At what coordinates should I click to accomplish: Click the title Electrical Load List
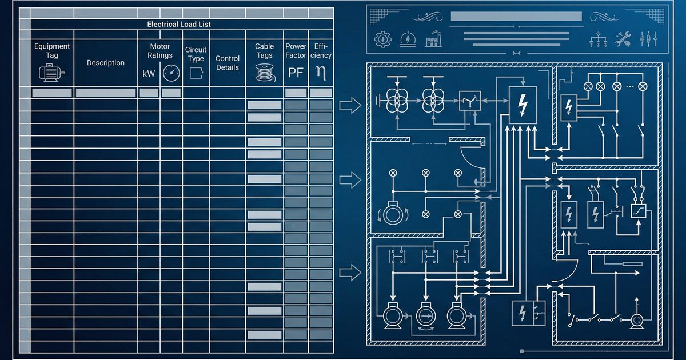click(179, 24)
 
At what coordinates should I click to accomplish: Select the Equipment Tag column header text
click(52, 50)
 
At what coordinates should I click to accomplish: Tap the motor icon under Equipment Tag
click(52, 73)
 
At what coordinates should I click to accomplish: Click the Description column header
click(106, 63)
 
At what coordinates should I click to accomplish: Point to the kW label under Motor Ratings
click(149, 74)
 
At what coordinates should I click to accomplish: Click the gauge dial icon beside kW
click(171, 73)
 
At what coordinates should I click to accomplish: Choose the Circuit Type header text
click(196, 54)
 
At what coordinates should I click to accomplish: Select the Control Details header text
click(228, 63)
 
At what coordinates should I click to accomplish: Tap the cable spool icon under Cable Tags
click(265, 73)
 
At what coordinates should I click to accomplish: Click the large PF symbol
click(296, 73)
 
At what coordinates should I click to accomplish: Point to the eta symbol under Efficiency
click(321, 73)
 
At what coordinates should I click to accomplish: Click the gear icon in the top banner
click(383, 39)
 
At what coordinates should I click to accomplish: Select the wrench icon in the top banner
click(623, 39)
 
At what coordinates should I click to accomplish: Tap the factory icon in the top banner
click(433, 39)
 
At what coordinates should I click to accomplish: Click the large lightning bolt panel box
click(523, 105)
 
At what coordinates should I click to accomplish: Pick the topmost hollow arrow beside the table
click(350, 105)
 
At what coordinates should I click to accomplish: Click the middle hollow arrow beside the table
click(350, 179)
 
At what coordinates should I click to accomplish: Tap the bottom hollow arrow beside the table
click(350, 273)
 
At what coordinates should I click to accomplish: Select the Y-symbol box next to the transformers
click(470, 101)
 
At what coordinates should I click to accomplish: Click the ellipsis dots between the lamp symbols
click(629, 87)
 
